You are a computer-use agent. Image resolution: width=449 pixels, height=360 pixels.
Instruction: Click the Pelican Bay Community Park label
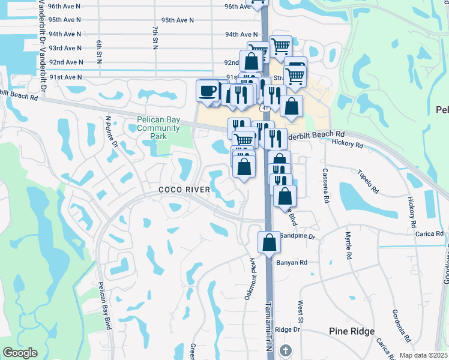click(x=158, y=128)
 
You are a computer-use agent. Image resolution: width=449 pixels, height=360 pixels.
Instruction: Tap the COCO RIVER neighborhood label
click(x=184, y=190)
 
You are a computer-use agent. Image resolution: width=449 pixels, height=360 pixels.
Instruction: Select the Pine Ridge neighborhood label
click(x=352, y=331)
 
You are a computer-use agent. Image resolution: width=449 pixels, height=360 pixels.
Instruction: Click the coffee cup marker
click(x=208, y=91)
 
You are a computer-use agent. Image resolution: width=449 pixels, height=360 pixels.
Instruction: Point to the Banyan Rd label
click(x=292, y=262)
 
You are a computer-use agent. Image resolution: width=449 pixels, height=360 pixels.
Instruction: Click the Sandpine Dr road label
click(x=297, y=236)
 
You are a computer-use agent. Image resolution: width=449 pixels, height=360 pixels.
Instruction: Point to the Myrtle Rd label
click(x=348, y=245)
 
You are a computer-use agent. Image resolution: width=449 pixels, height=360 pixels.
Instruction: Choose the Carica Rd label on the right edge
click(x=430, y=233)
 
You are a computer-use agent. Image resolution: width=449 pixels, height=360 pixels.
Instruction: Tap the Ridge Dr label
click(x=288, y=329)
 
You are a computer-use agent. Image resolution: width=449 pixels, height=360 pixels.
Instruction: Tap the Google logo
click(x=20, y=353)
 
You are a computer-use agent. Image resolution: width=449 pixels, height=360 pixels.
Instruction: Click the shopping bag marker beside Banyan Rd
click(x=270, y=242)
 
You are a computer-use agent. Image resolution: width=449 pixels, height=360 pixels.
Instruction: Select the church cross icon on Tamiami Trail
click(x=286, y=350)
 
